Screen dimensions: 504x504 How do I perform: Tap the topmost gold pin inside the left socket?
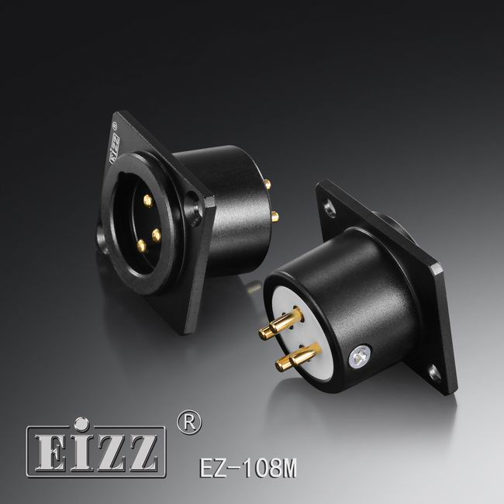coord(148,199)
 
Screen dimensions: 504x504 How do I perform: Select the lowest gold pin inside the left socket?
coord(141,246)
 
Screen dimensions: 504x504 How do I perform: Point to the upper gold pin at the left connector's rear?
coord(268,184)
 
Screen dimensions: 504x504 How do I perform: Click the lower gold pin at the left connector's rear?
coord(275,217)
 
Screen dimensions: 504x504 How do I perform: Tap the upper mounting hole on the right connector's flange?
coord(329,207)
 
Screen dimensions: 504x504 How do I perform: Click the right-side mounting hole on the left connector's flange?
coord(194,205)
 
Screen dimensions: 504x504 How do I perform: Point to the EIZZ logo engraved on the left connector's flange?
coord(115,147)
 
